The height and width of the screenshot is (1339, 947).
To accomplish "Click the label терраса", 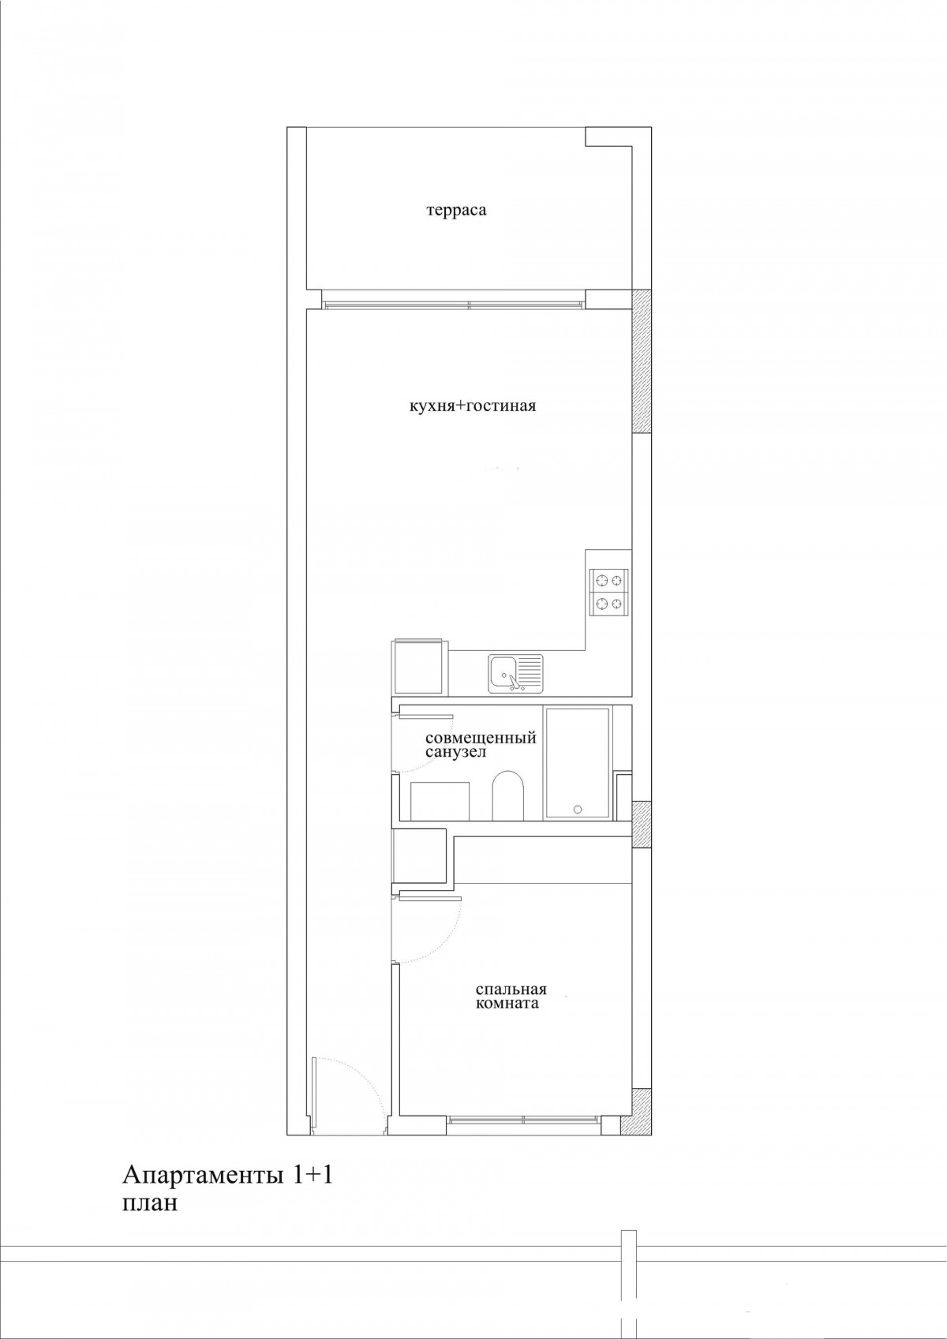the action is point(456,211).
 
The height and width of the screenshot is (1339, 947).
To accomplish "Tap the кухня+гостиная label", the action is point(472,406).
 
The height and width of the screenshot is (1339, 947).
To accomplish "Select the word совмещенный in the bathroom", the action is point(480,739).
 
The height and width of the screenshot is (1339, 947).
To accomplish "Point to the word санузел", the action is point(455,753).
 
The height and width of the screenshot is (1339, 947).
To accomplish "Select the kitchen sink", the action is point(516,674).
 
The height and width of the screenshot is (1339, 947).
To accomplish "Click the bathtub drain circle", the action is point(578,810).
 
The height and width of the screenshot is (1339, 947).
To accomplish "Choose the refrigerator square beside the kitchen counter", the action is point(418,668).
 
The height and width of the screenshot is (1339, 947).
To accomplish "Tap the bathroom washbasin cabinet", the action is point(440,800).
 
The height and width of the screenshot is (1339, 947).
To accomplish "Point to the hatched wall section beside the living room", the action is point(642,361).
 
